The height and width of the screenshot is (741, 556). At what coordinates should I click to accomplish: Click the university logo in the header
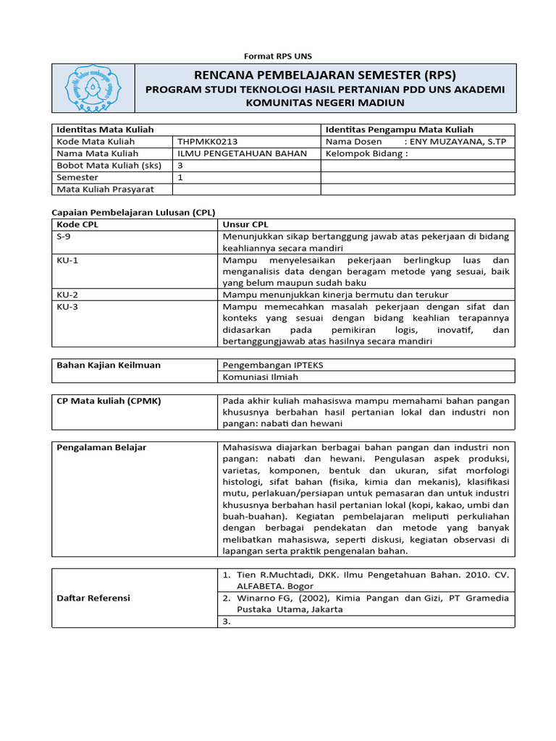coord(93,88)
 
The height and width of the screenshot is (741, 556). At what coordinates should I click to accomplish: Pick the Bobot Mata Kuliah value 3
coord(180,165)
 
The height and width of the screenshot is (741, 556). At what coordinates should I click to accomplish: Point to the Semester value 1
coord(180,177)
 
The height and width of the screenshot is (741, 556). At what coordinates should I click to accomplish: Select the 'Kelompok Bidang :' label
coord(367,153)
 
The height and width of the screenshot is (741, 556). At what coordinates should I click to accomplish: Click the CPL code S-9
coord(64,236)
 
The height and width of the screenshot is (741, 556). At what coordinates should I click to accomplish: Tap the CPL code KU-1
coord(67,260)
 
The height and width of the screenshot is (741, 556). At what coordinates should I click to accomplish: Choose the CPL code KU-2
coord(67,295)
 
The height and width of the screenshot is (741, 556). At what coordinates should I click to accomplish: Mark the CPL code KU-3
coord(67,307)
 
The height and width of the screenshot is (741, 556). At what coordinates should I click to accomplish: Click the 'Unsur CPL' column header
coord(245,224)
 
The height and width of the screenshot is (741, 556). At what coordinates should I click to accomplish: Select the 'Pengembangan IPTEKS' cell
coord(273,365)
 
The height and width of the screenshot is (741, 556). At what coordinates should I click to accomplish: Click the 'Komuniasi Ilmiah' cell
coord(261,377)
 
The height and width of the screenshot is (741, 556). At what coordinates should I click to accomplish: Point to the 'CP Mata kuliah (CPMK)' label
coord(109,400)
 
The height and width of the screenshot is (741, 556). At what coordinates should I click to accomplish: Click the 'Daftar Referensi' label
coord(93,598)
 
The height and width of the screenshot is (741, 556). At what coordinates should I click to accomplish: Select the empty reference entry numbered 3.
coord(227,621)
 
